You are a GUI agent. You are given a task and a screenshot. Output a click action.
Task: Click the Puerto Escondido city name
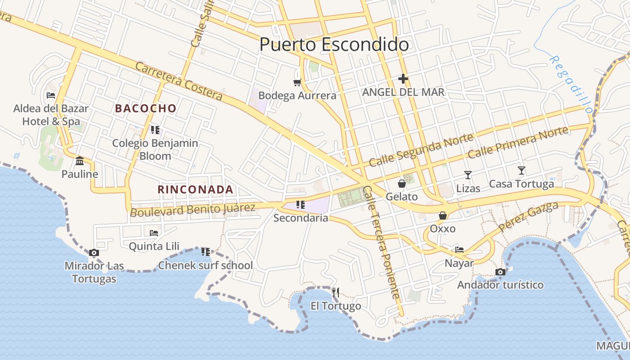pos(334,45)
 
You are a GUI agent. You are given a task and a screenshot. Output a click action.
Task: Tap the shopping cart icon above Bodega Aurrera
pos(297,82)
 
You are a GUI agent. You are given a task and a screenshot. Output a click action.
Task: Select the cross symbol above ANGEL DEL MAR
pos(403,79)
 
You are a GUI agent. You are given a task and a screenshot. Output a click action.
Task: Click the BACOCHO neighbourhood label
pos(145,108)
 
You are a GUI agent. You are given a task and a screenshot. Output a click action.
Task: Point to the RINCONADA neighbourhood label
pos(195,189)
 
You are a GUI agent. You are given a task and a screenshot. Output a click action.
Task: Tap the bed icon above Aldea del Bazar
pos(51,95)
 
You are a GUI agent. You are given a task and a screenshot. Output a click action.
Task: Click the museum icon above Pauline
pos(80,161)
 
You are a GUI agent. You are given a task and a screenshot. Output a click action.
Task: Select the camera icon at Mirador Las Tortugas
pos(94,252)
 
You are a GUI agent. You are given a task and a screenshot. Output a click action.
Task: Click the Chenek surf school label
pos(205,265)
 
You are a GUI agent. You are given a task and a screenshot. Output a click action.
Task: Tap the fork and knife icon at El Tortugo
pos(335,292)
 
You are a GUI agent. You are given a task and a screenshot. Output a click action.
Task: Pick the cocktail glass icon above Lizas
pos(468,175)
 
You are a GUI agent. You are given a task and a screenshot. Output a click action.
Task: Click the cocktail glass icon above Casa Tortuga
pos(521,171)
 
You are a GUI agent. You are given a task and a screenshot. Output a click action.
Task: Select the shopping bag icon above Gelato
pos(401,184)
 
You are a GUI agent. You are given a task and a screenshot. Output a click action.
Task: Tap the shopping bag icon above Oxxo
pos(443,216)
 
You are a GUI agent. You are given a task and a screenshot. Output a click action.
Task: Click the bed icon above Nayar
pos(459,249)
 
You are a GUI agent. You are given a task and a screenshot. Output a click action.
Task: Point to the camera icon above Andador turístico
pos(500,272)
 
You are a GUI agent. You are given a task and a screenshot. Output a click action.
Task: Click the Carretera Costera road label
pos(179,81)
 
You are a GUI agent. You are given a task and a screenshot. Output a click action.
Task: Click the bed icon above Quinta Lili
pos(154,233)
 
